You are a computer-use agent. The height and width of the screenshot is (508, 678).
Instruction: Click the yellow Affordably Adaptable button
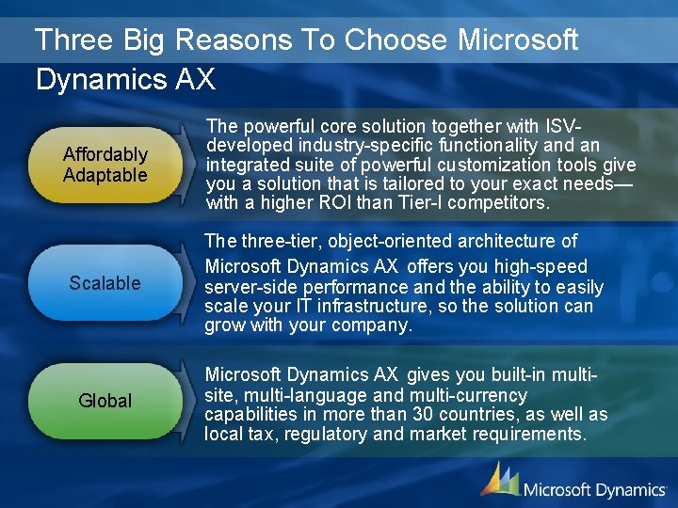(x=105, y=165)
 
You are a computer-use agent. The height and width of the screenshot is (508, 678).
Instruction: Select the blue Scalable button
(x=105, y=283)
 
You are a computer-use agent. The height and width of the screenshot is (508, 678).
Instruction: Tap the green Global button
(x=105, y=401)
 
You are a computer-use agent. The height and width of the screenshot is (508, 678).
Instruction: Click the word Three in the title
(x=72, y=40)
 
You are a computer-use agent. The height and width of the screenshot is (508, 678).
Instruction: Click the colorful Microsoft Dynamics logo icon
(x=498, y=479)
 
